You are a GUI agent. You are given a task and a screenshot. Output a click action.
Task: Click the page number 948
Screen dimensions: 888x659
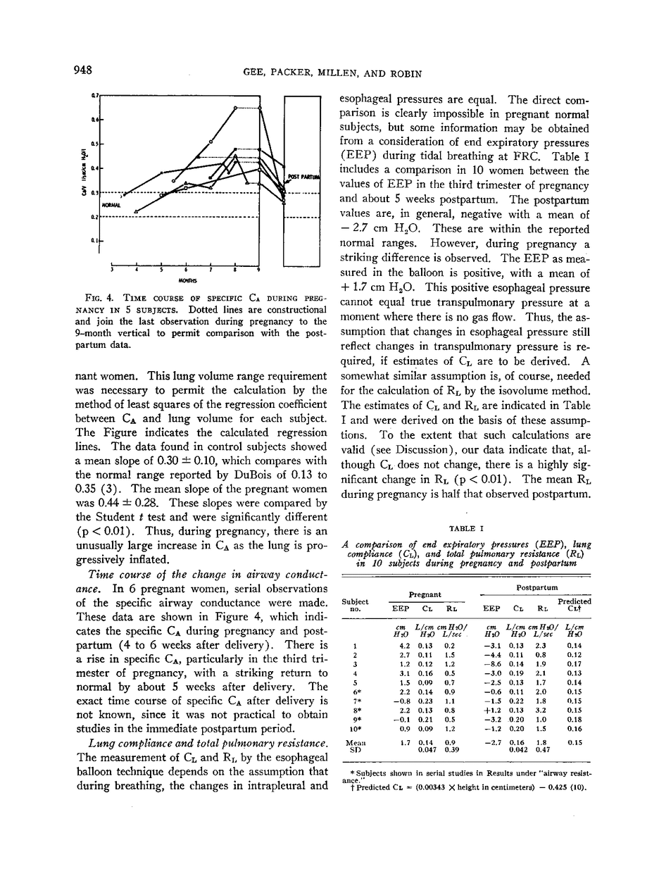[83, 69]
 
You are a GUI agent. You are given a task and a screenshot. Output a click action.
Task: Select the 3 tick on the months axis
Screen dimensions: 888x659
[113, 269]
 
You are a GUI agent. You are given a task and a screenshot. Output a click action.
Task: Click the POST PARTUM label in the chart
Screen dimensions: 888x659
[303, 177]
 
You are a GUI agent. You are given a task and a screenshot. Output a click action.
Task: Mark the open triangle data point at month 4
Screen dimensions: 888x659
[137, 211]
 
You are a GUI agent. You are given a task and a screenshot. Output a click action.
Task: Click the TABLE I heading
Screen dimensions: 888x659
[465, 527]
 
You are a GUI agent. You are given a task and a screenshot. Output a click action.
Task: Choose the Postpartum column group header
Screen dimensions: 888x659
[538, 587]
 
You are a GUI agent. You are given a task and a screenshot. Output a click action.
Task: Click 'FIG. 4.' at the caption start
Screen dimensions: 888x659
[98, 298]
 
